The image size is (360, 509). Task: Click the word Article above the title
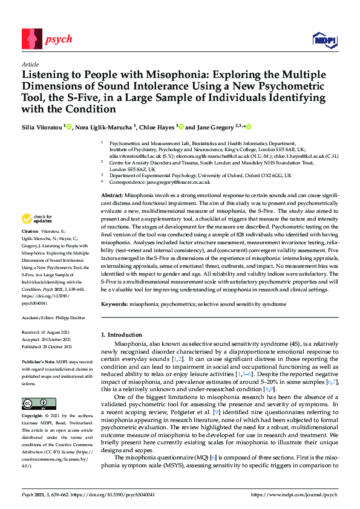tap(30, 64)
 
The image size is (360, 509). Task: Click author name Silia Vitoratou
tap(42, 128)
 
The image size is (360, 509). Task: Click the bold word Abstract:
tap(111, 196)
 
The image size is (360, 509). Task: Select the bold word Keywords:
tap(114, 304)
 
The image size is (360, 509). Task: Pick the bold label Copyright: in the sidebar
tap(34, 417)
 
